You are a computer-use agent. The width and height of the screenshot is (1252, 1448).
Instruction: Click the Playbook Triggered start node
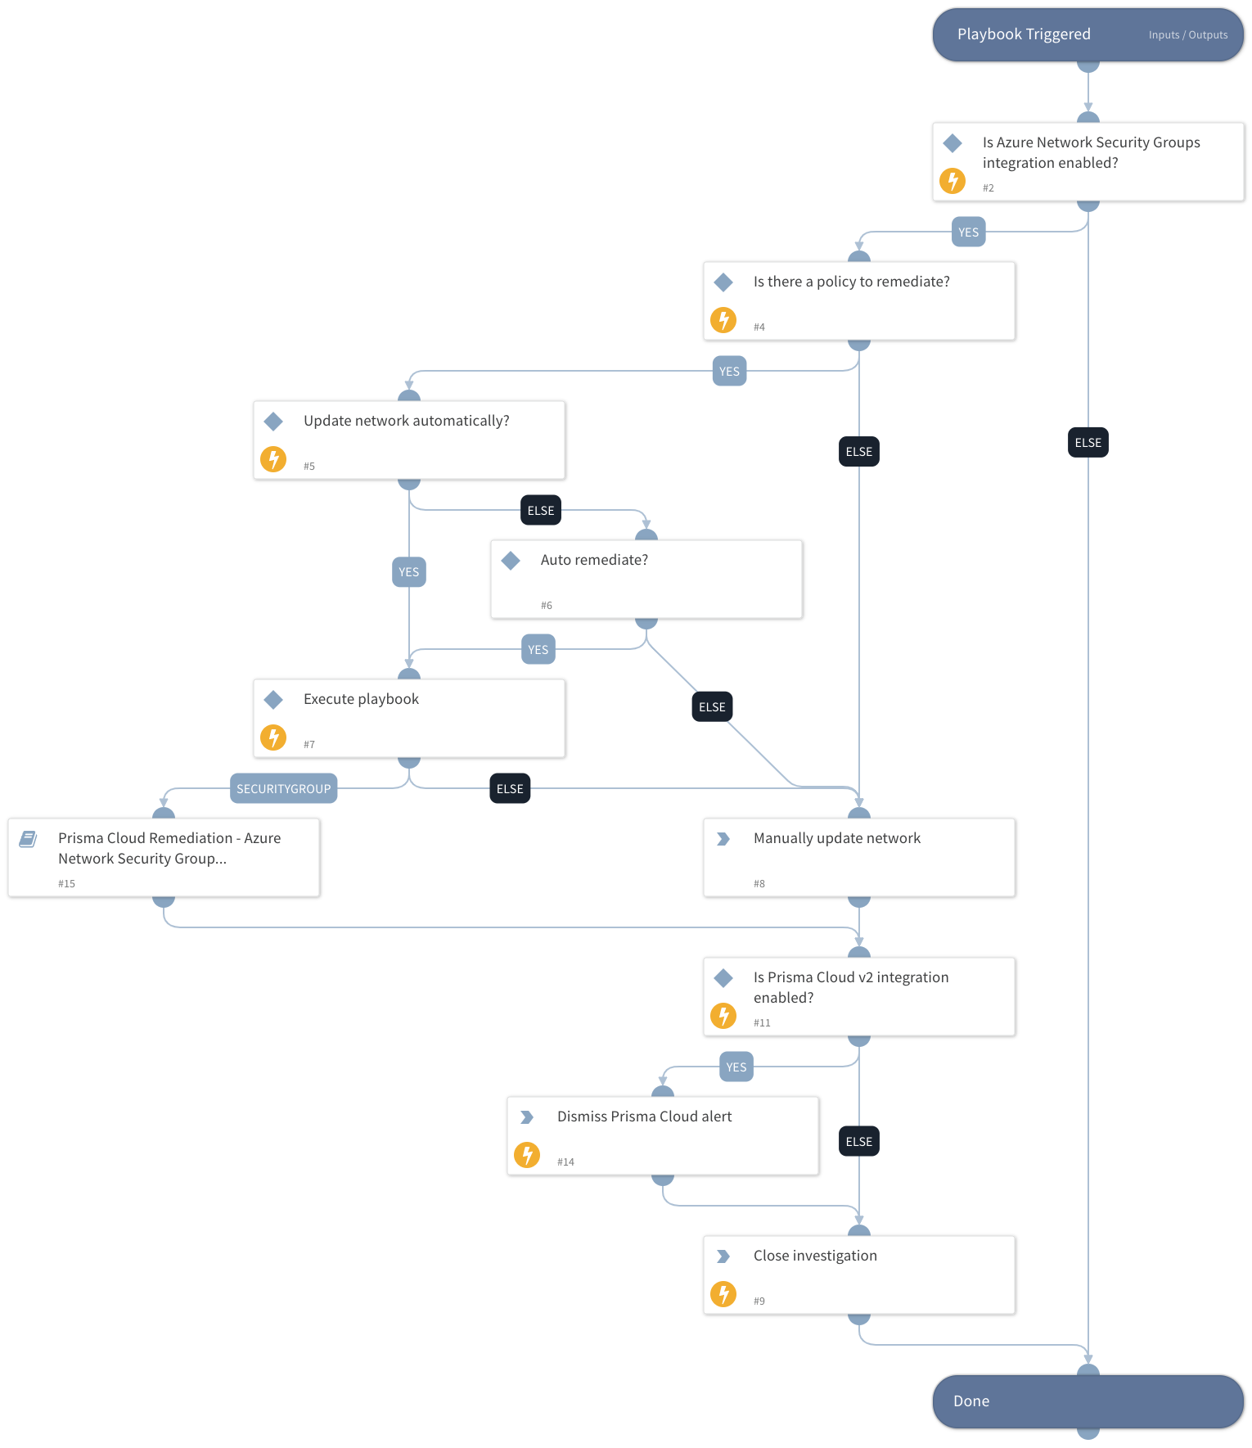click(x=1023, y=34)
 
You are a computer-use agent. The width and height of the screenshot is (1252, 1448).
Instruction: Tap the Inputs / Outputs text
click(x=1187, y=35)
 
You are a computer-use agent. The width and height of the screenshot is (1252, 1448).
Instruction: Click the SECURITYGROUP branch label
click(x=283, y=788)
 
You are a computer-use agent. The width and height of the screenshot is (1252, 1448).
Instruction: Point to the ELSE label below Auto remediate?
click(x=712, y=706)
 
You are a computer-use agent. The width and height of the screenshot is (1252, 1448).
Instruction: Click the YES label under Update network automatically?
click(x=408, y=571)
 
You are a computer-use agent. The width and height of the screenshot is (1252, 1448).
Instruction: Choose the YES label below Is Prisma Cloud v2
click(x=736, y=1067)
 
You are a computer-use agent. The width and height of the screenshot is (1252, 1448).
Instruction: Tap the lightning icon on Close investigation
click(x=723, y=1293)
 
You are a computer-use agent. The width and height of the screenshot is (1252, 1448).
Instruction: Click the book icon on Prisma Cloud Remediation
click(x=28, y=838)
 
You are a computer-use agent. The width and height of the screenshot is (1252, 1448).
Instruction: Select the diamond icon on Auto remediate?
click(x=511, y=560)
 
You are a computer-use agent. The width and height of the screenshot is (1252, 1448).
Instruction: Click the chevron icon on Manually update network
click(x=723, y=838)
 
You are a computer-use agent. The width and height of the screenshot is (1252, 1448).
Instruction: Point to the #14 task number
click(x=565, y=1162)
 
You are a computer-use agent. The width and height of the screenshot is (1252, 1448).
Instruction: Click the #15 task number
click(x=66, y=883)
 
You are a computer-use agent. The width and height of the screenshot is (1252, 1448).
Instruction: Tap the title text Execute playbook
click(x=361, y=699)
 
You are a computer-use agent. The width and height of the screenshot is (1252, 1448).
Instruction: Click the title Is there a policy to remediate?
click(x=851, y=282)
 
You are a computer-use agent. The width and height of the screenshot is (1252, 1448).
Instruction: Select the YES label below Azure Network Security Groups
click(x=968, y=232)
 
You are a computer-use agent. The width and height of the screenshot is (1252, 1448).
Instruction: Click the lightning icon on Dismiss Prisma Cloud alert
click(x=526, y=1154)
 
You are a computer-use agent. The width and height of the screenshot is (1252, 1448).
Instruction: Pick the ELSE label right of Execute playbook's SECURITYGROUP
click(x=510, y=788)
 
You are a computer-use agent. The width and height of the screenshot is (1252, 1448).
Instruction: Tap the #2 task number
click(x=988, y=187)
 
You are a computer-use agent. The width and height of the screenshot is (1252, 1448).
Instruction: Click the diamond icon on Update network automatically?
click(x=273, y=421)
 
